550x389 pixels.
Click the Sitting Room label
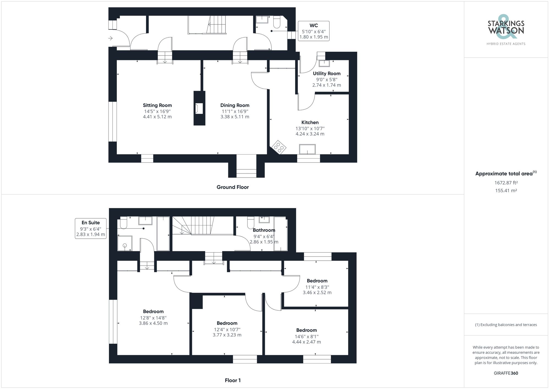pyautogui.click(x=157, y=105)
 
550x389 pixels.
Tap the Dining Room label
pyautogui.click(x=235, y=105)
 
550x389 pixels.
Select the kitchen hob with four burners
pyautogui.click(x=279, y=147)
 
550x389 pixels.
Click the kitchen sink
pyautogui.click(x=307, y=149)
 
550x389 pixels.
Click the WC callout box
pyautogui.click(x=313, y=31)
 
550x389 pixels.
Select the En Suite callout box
pyautogui.click(x=90, y=228)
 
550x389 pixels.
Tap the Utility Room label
pyautogui.click(x=327, y=73)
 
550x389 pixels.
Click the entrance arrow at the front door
pyautogui.click(x=111, y=38)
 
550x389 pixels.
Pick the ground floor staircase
pyautogui.click(x=216, y=25)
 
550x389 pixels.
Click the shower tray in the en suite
pyautogui.click(x=125, y=244)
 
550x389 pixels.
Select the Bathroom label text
pyautogui.click(x=264, y=230)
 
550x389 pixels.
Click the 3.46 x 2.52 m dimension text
pyautogui.click(x=317, y=293)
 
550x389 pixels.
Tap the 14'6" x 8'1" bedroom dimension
pyautogui.click(x=306, y=336)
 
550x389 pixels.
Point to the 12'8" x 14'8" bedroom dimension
pyautogui.click(x=153, y=318)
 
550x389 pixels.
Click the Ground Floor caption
pyautogui.click(x=233, y=187)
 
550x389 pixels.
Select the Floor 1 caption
pyautogui.click(x=233, y=380)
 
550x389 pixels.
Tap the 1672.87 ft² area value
pyautogui.click(x=506, y=183)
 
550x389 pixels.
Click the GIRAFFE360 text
pyautogui.click(x=506, y=373)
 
